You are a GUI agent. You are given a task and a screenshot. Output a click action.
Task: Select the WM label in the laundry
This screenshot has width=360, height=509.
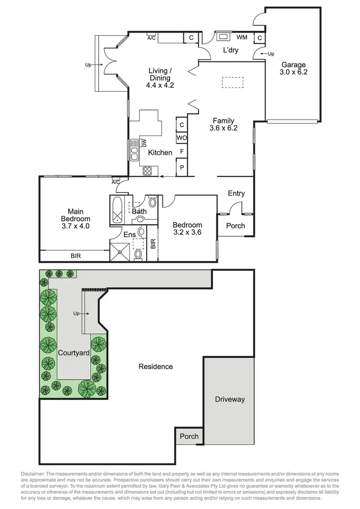(242, 37)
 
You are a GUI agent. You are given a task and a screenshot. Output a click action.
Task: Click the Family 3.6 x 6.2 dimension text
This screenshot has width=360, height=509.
(224, 128)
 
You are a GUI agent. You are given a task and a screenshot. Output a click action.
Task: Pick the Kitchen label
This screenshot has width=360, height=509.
(160, 153)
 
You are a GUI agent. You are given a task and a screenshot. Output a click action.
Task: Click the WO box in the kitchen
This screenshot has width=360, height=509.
(182, 138)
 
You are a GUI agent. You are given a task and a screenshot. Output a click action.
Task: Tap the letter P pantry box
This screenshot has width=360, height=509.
(182, 168)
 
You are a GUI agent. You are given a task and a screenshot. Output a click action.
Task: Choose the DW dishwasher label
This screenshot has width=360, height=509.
(144, 143)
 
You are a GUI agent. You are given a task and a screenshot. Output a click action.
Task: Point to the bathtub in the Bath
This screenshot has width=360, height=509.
(117, 210)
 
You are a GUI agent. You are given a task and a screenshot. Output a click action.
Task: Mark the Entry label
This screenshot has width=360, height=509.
(236, 194)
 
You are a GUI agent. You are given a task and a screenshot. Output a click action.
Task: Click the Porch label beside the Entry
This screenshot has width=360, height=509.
(235, 226)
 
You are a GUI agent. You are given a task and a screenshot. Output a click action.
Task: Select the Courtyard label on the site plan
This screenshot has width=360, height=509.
(74, 352)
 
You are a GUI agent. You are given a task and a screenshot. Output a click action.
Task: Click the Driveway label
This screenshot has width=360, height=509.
(230, 399)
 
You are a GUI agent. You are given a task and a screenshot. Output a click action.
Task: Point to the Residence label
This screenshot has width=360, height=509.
(156, 366)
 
